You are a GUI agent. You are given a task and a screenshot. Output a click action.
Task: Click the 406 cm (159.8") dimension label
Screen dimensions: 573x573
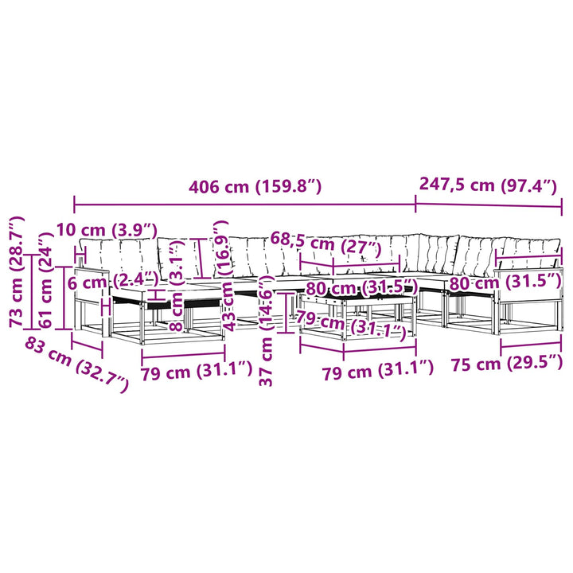(255, 187)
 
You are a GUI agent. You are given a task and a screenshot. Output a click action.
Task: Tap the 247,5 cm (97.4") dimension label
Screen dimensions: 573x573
(488, 185)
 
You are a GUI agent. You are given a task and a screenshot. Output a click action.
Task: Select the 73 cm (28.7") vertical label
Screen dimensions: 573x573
(17, 271)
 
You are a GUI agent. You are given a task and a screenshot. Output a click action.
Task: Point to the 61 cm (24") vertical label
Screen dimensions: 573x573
(46, 280)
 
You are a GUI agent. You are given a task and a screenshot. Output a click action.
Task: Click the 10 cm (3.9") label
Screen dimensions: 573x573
(107, 231)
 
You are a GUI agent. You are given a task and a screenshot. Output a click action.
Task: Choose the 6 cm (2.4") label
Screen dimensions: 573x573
(113, 282)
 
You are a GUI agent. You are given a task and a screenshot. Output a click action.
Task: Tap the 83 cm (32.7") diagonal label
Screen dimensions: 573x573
(76, 364)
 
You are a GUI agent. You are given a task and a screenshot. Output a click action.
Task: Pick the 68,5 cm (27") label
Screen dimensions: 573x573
(325, 244)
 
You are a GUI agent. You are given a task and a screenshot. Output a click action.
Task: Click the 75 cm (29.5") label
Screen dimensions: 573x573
(506, 363)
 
